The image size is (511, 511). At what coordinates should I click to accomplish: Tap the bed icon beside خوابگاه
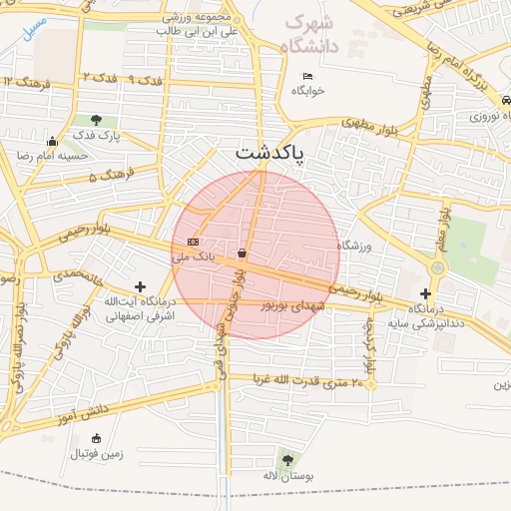(307, 76)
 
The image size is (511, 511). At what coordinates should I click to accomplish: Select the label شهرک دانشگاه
(310, 34)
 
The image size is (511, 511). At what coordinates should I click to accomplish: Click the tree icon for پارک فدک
(96, 120)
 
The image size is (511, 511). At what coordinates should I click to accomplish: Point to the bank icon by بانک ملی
(193, 242)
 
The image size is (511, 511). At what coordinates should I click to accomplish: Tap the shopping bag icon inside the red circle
(243, 254)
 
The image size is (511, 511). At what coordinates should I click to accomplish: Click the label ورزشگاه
(354, 245)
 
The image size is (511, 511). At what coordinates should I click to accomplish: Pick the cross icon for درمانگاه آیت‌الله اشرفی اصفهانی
(140, 286)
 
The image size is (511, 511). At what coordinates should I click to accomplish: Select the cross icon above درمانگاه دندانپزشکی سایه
(426, 293)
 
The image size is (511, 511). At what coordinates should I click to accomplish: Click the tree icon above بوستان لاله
(288, 460)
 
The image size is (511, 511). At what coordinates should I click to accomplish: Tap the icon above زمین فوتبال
(96, 438)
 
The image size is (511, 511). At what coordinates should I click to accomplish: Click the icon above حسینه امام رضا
(52, 141)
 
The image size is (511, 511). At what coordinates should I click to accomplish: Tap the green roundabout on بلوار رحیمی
(437, 268)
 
